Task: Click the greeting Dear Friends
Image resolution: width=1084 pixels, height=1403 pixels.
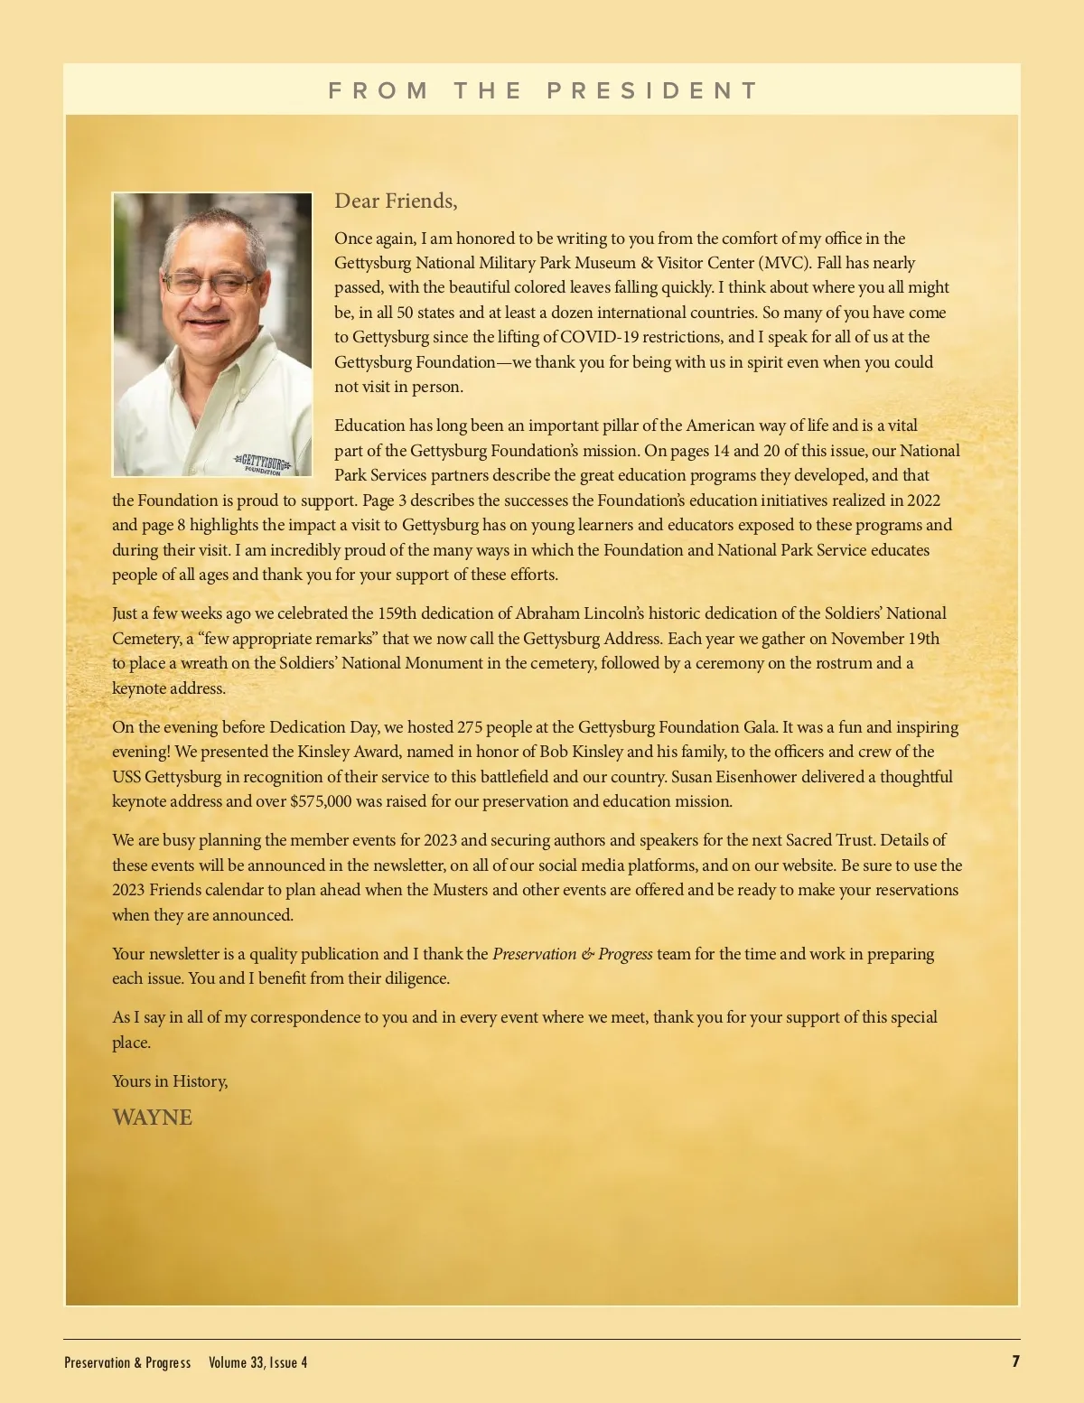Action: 396,201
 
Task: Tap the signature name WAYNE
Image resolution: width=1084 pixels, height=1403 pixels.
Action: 152,1118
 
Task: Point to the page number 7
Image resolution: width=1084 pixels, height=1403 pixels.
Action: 1015,1361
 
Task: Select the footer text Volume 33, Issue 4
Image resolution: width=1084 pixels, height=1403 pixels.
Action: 257,1362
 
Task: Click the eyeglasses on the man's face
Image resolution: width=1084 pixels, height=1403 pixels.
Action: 211,284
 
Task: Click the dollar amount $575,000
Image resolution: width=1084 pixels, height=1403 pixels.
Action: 321,801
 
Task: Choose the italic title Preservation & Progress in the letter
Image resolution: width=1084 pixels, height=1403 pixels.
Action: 572,954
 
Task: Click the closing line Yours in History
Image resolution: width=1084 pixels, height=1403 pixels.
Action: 170,1081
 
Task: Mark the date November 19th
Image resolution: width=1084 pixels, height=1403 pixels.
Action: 885,639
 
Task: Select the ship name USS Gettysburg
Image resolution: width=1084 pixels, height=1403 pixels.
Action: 166,777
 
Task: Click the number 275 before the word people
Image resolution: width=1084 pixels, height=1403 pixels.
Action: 470,727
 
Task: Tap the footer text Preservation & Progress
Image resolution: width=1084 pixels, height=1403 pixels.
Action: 127,1362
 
